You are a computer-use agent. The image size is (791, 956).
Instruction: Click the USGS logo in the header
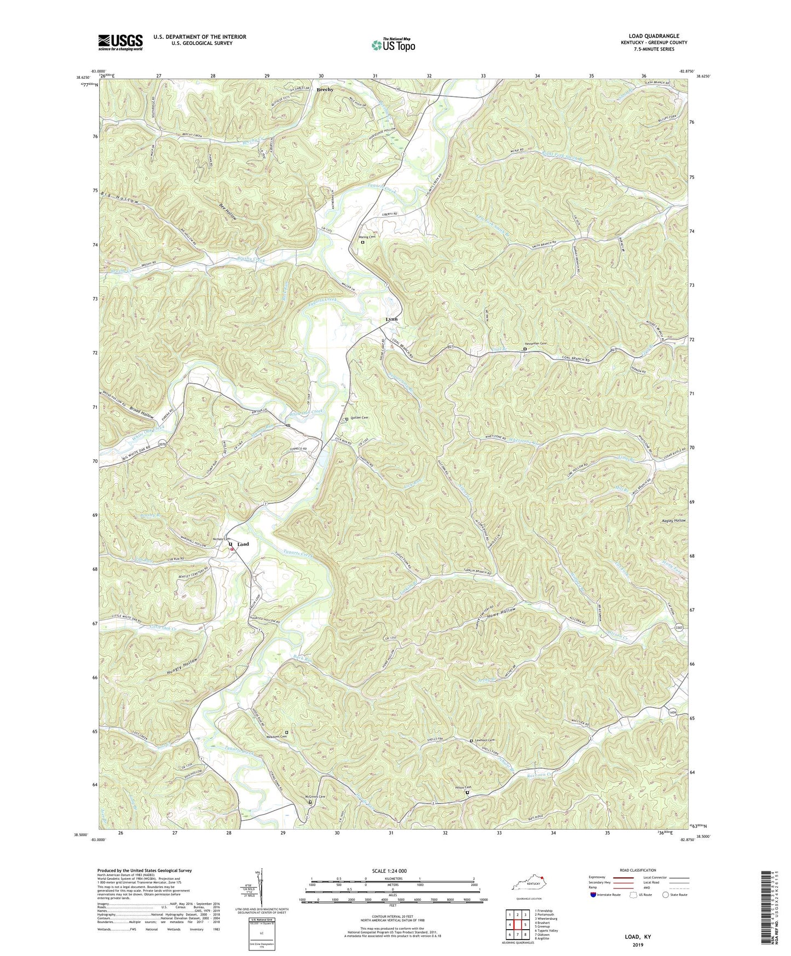120,42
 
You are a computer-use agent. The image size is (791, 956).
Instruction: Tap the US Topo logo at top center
392,45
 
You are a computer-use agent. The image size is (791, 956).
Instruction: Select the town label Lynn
391,319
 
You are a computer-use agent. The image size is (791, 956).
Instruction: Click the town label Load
243,544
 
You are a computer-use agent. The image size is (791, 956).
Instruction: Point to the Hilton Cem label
464,788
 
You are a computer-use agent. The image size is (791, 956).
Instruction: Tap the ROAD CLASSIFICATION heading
638,870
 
